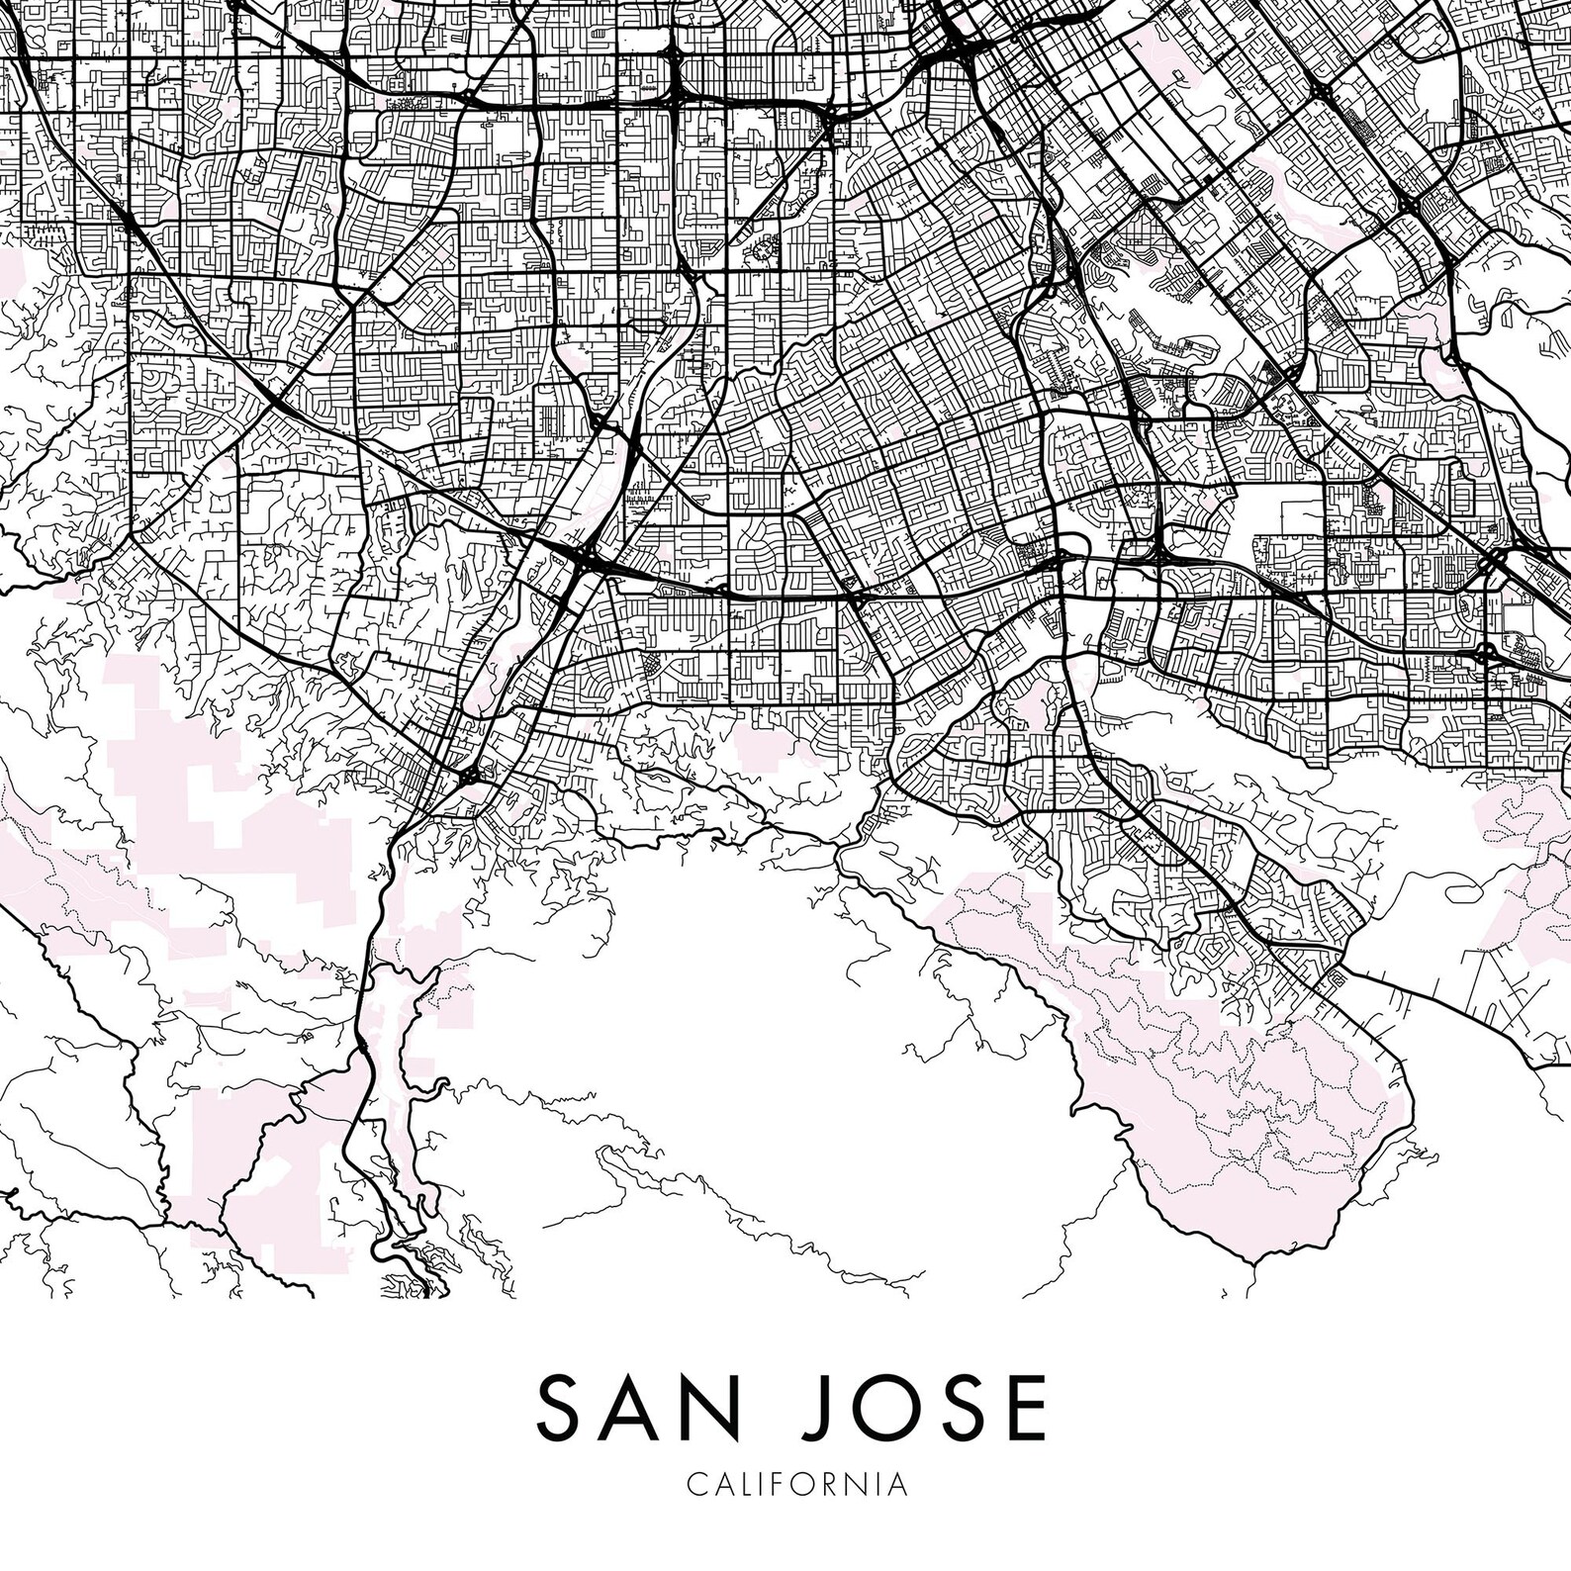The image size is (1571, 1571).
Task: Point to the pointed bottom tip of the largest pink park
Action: [1253, 1262]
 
